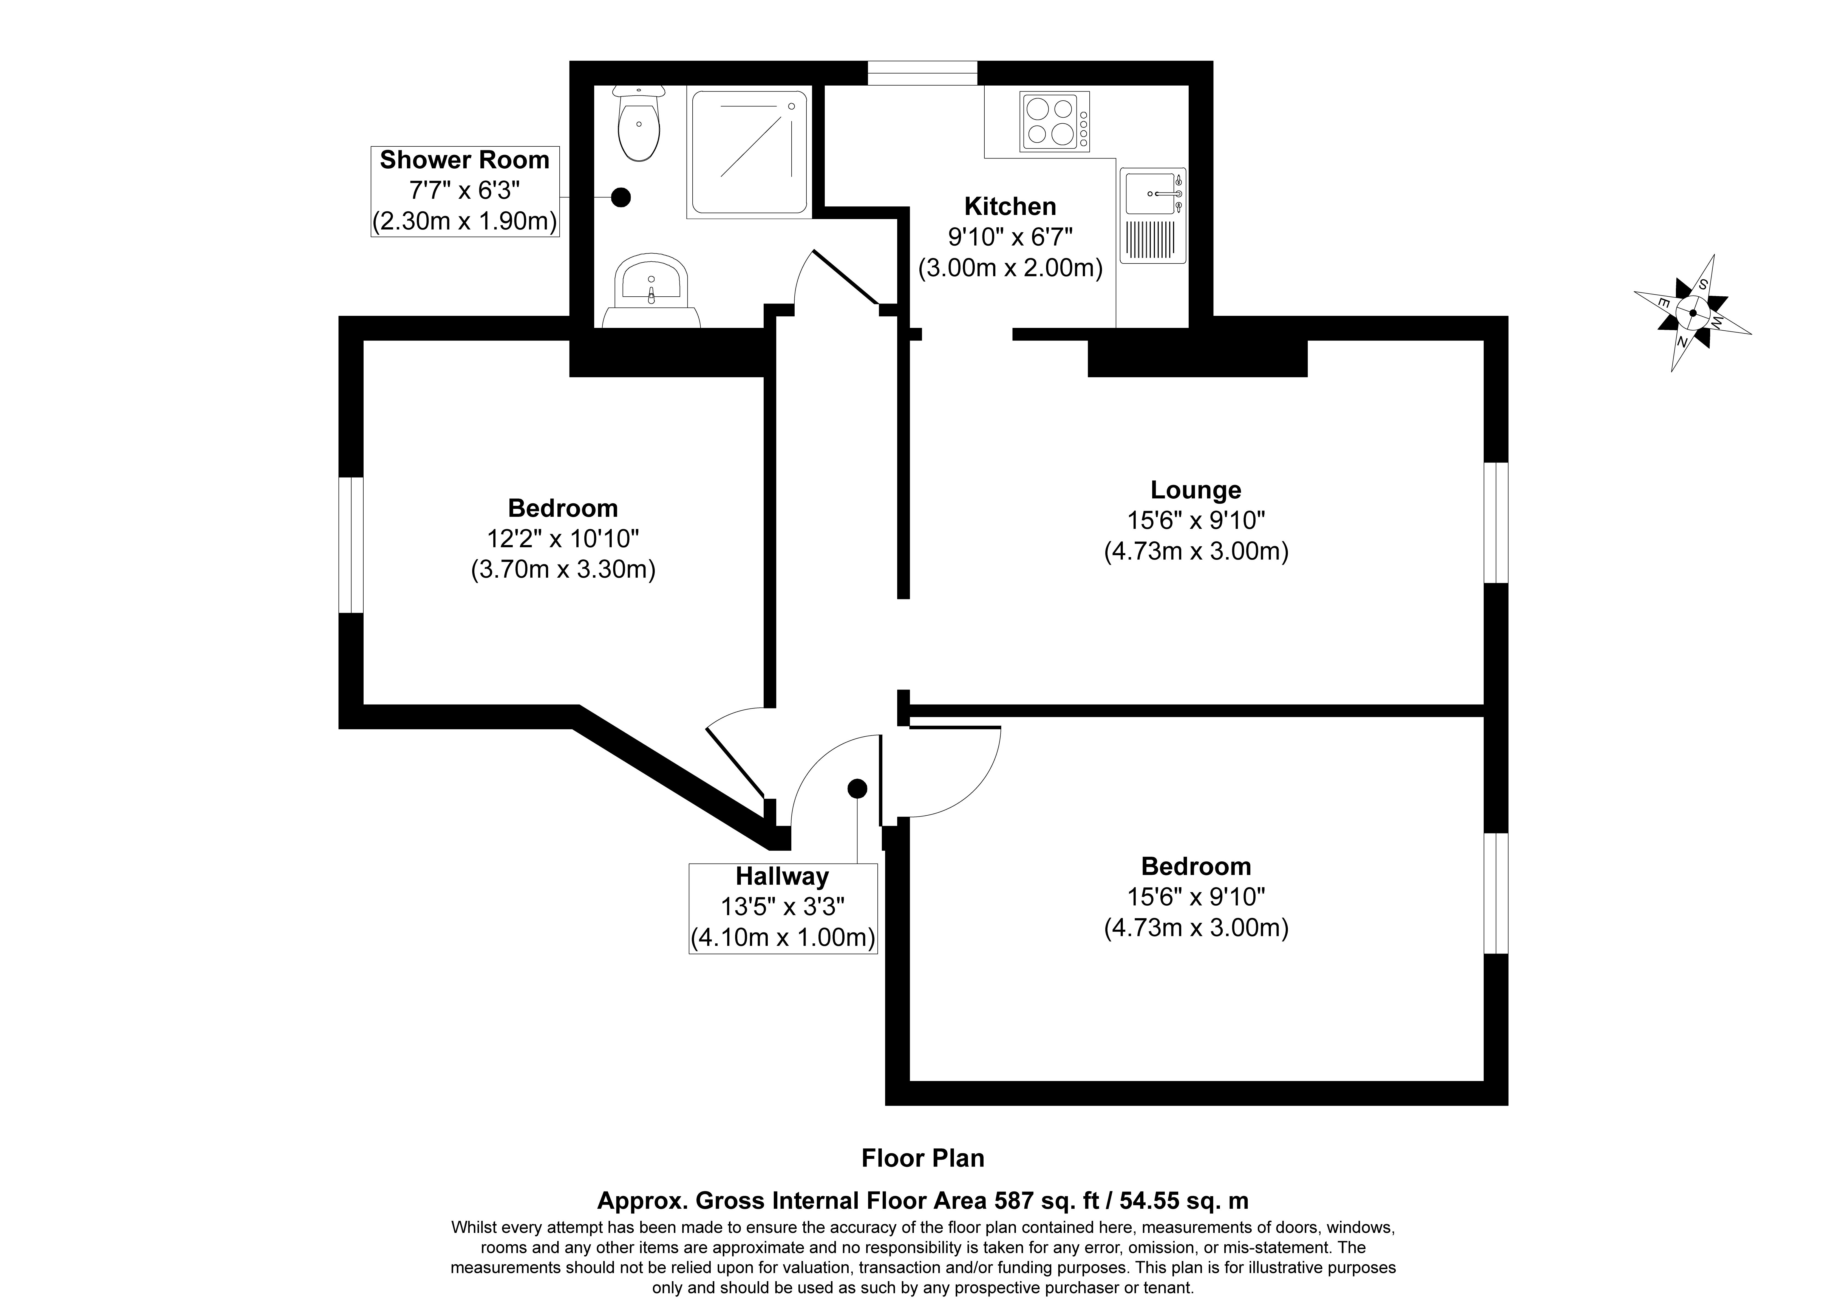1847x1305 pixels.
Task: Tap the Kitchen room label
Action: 1010,207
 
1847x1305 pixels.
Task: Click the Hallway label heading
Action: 782,876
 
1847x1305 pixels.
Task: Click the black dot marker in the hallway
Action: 857,788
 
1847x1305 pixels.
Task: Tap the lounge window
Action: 1495,522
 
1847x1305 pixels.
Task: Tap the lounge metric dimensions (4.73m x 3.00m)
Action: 1196,551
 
